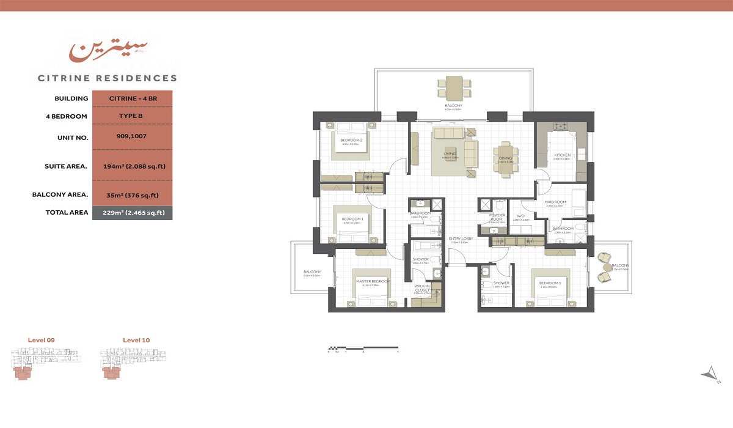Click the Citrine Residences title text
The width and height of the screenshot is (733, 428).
(108, 78)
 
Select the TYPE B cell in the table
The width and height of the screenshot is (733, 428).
(132, 116)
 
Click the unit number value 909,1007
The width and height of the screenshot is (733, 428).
(132, 137)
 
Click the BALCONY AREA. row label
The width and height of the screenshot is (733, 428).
(60, 195)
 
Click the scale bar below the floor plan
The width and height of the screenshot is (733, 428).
(363, 349)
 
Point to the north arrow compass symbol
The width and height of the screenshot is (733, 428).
(710, 373)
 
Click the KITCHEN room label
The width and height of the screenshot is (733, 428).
(562, 155)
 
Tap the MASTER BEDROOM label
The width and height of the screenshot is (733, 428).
(373, 281)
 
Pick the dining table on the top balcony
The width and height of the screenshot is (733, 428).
(453, 88)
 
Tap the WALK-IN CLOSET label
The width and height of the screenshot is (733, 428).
(422, 288)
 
